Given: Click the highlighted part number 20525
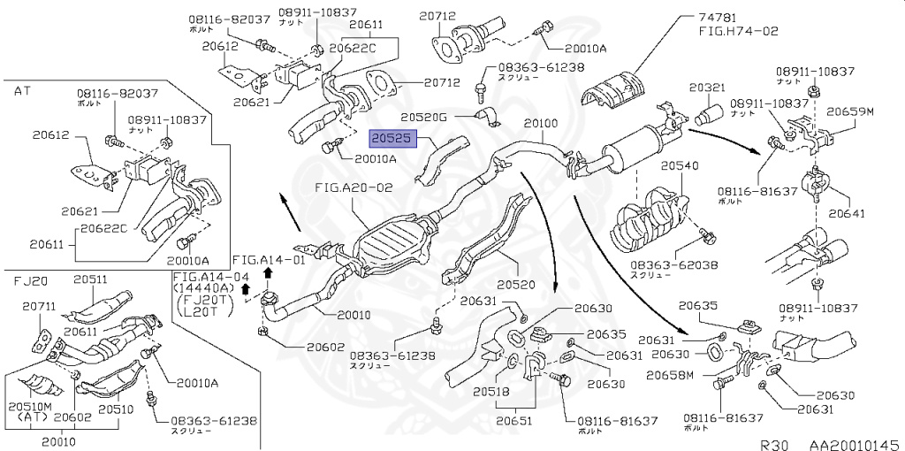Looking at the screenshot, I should (390, 140).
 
